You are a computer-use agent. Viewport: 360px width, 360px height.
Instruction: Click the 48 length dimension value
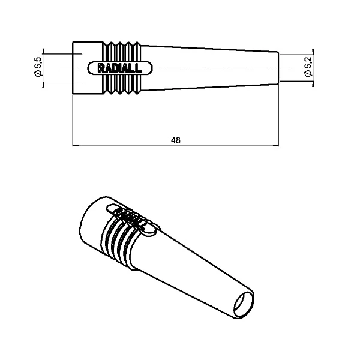(x=176, y=140)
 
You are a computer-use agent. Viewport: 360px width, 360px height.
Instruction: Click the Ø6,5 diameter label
(x=37, y=67)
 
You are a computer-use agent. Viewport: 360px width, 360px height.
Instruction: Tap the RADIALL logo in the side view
(x=120, y=68)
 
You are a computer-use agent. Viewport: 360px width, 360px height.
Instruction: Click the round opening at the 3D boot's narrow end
(x=244, y=305)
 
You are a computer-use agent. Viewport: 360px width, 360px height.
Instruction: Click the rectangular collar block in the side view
(x=88, y=68)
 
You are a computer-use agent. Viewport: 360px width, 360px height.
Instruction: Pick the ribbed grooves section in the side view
(x=122, y=68)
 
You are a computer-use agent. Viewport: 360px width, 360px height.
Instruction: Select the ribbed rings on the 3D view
(x=119, y=244)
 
